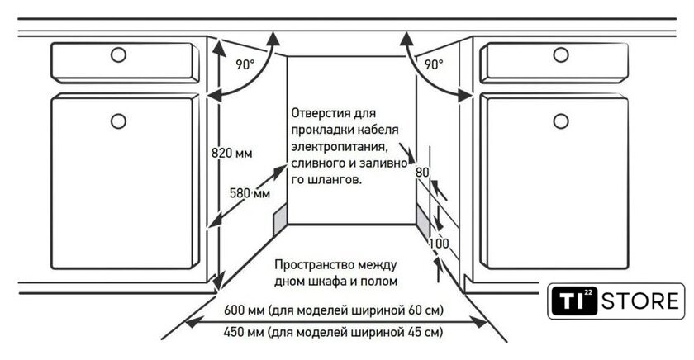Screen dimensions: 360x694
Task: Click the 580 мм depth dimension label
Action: pos(250,193)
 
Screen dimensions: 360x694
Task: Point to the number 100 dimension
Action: pos(439,244)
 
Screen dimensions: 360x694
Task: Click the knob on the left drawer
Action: pos(118,55)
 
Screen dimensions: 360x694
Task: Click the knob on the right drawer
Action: pos(561,55)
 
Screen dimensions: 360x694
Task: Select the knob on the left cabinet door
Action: pos(118,121)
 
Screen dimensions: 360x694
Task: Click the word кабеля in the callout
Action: pos(379,129)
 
